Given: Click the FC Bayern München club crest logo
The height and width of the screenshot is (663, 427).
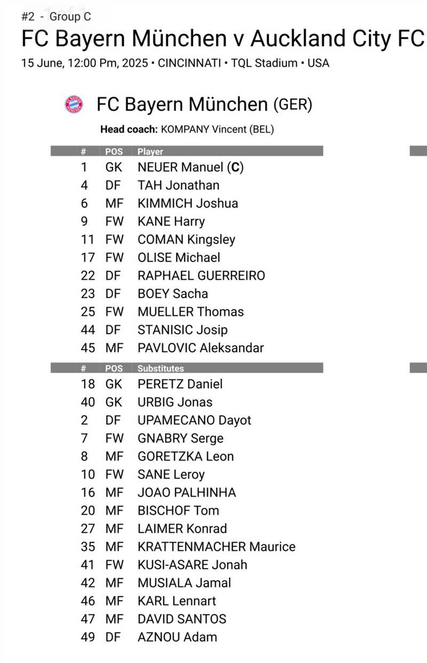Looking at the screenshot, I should [74, 104].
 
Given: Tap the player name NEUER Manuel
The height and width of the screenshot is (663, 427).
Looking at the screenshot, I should [180, 167].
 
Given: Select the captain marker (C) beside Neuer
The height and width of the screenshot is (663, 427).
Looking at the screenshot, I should [235, 167].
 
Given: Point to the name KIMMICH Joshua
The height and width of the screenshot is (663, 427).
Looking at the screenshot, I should [188, 203].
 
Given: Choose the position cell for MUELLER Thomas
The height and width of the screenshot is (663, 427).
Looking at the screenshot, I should [114, 311].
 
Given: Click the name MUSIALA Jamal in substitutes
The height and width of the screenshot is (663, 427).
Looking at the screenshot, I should [184, 582].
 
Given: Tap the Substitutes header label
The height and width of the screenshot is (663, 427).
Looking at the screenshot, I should [160, 368].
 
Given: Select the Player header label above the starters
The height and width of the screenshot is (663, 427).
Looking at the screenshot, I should [150, 152].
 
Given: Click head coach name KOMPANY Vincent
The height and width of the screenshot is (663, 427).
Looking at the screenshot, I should [217, 129].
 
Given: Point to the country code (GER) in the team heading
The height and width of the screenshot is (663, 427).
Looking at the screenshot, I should [292, 104].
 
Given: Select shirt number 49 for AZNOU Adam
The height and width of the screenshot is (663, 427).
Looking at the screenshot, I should [88, 637].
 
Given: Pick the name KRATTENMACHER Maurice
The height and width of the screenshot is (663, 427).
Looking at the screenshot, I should [216, 546].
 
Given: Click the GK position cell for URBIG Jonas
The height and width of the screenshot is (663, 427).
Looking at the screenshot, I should [114, 402].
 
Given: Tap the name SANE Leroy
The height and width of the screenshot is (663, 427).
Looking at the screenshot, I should [171, 474].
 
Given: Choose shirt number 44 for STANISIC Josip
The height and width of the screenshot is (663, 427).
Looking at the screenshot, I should [88, 329].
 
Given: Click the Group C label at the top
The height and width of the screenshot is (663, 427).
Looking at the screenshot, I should [70, 17].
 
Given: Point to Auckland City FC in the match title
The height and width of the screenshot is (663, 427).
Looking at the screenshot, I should [337, 39].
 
